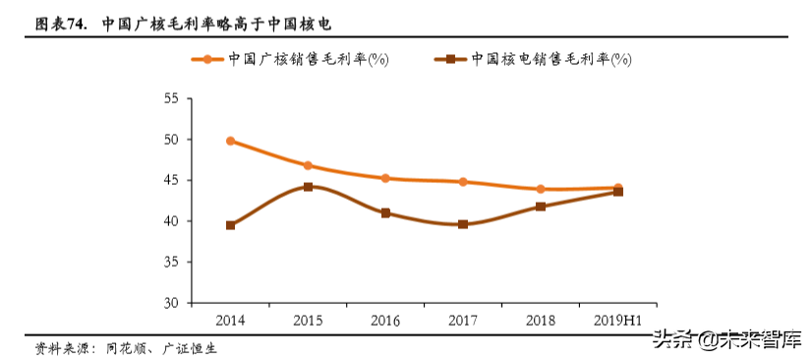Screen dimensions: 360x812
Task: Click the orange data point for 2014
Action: click(x=230, y=141)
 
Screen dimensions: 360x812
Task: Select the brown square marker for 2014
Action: click(x=230, y=225)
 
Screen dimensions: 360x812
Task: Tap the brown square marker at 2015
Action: click(x=308, y=187)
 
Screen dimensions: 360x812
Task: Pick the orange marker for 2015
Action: click(x=308, y=165)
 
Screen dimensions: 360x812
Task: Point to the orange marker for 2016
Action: click(x=385, y=178)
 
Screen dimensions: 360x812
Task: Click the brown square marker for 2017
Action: click(x=463, y=224)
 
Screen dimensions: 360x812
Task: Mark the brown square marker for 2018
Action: click(x=541, y=207)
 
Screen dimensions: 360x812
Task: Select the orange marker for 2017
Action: click(x=463, y=182)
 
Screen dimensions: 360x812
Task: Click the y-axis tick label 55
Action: click(x=171, y=99)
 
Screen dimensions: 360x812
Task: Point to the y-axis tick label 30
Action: click(x=171, y=303)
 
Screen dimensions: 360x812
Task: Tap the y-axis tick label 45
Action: click(x=171, y=181)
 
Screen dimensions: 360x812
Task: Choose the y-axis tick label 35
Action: click(x=171, y=263)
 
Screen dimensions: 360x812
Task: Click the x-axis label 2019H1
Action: click(x=618, y=320)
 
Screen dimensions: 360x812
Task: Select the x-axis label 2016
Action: click(x=385, y=320)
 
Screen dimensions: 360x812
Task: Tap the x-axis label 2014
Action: click(x=230, y=320)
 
